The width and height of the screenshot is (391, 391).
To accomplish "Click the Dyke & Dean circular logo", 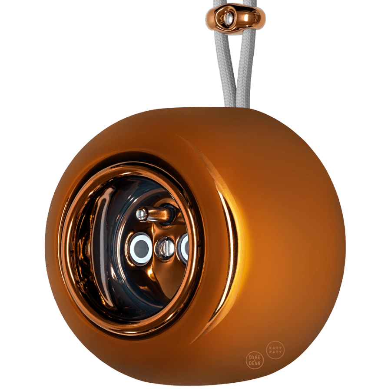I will click(x=255, y=359).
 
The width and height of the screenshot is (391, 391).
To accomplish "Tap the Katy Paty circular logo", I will click(x=275, y=350).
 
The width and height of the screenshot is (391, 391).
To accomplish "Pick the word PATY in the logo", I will click(x=275, y=353).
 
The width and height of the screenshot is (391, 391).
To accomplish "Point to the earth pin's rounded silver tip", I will click(x=142, y=213).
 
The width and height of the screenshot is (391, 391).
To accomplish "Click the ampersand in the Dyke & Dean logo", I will click(x=255, y=360).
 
